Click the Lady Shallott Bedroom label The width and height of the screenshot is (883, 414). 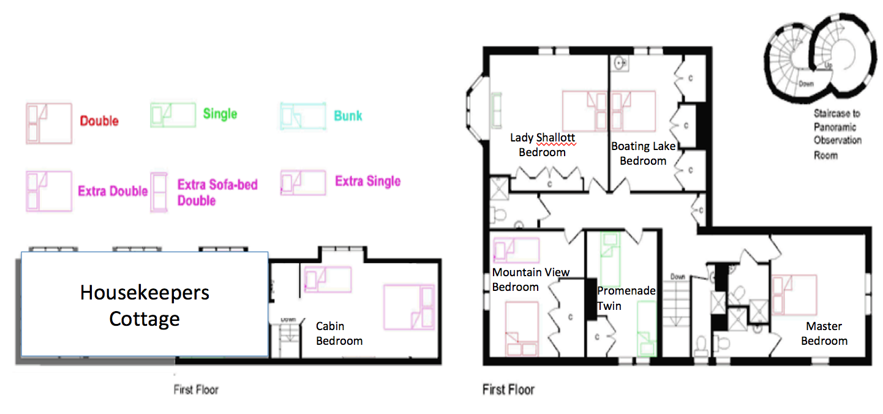pyautogui.click(x=543, y=145)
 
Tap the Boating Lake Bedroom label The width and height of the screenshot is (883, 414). pyautogui.click(x=644, y=153)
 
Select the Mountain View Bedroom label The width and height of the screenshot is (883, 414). pyautogui.click(x=530, y=279)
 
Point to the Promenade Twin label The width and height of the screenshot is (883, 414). pyautogui.click(x=626, y=298)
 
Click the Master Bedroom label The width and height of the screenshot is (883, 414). pyautogui.click(x=824, y=334)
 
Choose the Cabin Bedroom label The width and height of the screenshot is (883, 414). pyautogui.click(x=339, y=334)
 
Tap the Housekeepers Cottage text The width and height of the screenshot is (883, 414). pyautogui.click(x=145, y=306)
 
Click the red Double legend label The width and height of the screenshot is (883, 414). pyautogui.click(x=99, y=121)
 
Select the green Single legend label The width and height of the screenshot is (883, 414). pyautogui.click(x=220, y=115)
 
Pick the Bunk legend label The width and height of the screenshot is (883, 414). pyautogui.click(x=348, y=116)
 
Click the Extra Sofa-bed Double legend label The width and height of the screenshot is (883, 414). pyautogui.click(x=217, y=192)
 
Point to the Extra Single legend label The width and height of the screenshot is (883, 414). pyautogui.click(x=368, y=181)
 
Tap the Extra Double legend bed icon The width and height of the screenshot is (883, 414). pyautogui.click(x=49, y=191)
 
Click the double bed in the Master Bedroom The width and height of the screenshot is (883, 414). pyautogui.click(x=794, y=295)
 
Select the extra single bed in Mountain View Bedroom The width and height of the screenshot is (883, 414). pyautogui.click(x=516, y=250)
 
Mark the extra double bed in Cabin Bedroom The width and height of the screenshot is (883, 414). pyautogui.click(x=409, y=307)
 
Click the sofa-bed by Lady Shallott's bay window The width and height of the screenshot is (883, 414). pyautogui.click(x=496, y=111)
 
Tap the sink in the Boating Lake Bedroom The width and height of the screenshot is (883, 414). pyautogui.click(x=620, y=63)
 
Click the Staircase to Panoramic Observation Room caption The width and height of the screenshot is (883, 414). pyautogui.click(x=837, y=135)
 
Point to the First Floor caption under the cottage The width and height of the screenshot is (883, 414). pyautogui.click(x=196, y=390)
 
